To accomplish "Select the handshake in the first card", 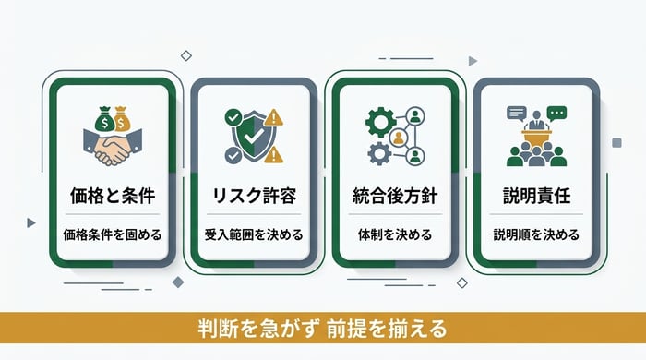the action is (111, 147).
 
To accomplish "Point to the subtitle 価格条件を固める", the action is (110, 234).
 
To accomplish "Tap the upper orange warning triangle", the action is (276, 118).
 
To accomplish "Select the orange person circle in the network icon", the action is (400, 138).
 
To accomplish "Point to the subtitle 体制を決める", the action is (394, 234).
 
